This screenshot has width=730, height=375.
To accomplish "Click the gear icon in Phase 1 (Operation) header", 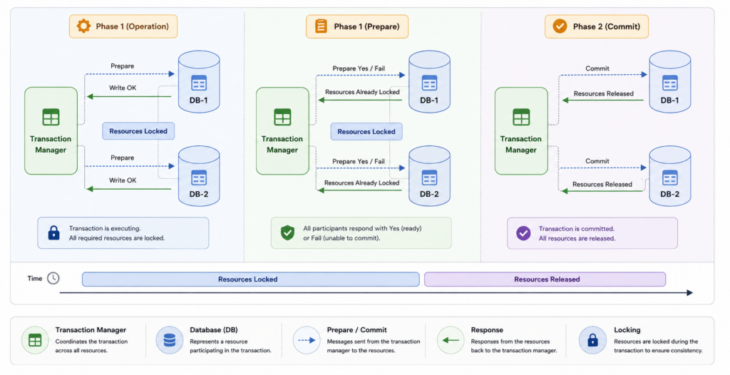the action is pyautogui.click(x=84, y=26).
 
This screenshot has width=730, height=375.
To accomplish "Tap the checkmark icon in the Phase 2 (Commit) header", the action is pyautogui.click(x=560, y=26).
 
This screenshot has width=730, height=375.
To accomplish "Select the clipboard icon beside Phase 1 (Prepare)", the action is pyautogui.click(x=322, y=26).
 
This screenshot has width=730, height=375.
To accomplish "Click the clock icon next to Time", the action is pyautogui.click(x=53, y=278).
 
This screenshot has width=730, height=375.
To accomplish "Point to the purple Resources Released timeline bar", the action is pyautogui.click(x=545, y=279).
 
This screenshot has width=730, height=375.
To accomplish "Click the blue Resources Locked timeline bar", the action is pyautogui.click(x=250, y=279).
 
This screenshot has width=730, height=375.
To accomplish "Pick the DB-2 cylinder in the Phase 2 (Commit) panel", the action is pyautogui.click(x=670, y=176).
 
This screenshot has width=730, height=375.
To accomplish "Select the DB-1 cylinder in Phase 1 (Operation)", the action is pyautogui.click(x=199, y=81).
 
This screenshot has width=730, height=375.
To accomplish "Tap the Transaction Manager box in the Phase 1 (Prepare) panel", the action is pyautogui.click(x=282, y=131).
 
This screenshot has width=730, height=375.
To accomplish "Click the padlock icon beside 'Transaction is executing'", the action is pyautogui.click(x=54, y=232).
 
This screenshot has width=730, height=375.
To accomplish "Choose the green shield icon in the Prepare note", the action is pyautogui.click(x=287, y=232).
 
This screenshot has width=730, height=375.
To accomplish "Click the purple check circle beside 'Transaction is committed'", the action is pyautogui.click(x=523, y=233).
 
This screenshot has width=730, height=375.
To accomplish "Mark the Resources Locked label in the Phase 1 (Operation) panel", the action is pyautogui.click(x=138, y=131).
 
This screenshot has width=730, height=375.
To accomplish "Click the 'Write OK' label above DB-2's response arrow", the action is pyautogui.click(x=123, y=180).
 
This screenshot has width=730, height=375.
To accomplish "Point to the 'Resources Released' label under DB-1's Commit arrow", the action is pyautogui.click(x=603, y=93).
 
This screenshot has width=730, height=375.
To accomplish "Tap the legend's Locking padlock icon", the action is pyautogui.click(x=592, y=340).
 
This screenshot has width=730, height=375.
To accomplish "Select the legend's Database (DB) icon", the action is pyautogui.click(x=170, y=340).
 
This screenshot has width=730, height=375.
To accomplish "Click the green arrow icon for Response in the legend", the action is pyautogui.click(x=451, y=340).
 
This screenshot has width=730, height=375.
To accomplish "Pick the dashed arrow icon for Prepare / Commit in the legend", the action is pyautogui.click(x=307, y=340).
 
